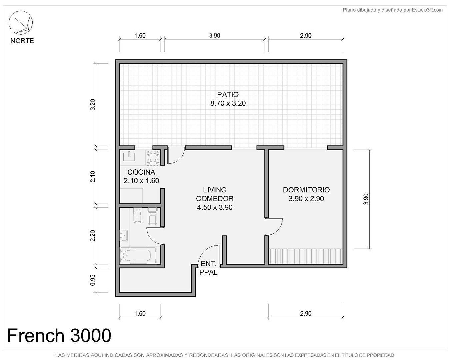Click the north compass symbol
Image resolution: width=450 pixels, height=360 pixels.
20,23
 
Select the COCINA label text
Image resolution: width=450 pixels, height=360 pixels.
141,172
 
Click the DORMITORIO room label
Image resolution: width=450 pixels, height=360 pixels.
306,190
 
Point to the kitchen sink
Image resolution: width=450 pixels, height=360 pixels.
129,156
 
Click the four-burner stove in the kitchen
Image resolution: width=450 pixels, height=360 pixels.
153,157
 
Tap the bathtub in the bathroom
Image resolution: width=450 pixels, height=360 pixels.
138,255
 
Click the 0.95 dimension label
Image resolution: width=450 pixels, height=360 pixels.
93,280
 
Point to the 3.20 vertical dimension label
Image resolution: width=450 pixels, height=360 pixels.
93,104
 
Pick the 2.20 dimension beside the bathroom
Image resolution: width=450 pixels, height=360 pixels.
93,236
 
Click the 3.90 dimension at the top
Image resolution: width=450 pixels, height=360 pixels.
215,36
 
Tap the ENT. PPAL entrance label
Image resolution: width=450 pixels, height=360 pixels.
208,268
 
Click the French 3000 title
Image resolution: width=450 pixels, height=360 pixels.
59,335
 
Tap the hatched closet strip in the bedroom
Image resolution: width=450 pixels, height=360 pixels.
306,256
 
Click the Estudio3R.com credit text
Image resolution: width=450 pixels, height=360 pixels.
392,10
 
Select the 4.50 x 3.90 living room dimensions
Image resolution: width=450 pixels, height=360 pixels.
215,207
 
